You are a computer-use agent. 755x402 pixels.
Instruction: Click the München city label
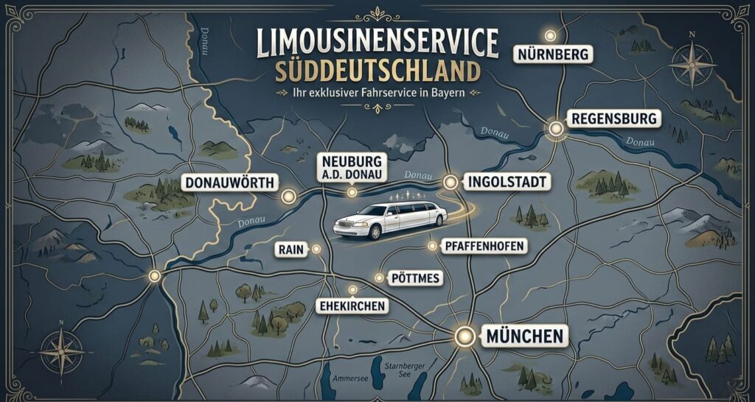[524, 337]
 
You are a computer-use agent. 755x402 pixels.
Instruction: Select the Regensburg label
[613, 118]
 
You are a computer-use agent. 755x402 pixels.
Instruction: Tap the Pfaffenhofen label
[483, 247]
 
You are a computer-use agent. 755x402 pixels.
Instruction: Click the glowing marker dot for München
[465, 337]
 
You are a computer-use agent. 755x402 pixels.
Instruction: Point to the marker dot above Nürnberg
[549, 35]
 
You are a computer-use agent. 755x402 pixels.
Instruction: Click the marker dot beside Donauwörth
[288, 197]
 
